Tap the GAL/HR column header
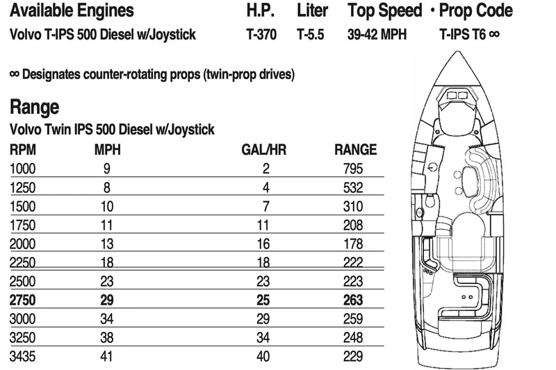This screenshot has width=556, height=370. (261, 149)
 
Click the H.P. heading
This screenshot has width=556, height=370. (261, 10)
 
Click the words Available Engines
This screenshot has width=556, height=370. (72, 10)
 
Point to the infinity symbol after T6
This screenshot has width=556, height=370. (493, 33)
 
